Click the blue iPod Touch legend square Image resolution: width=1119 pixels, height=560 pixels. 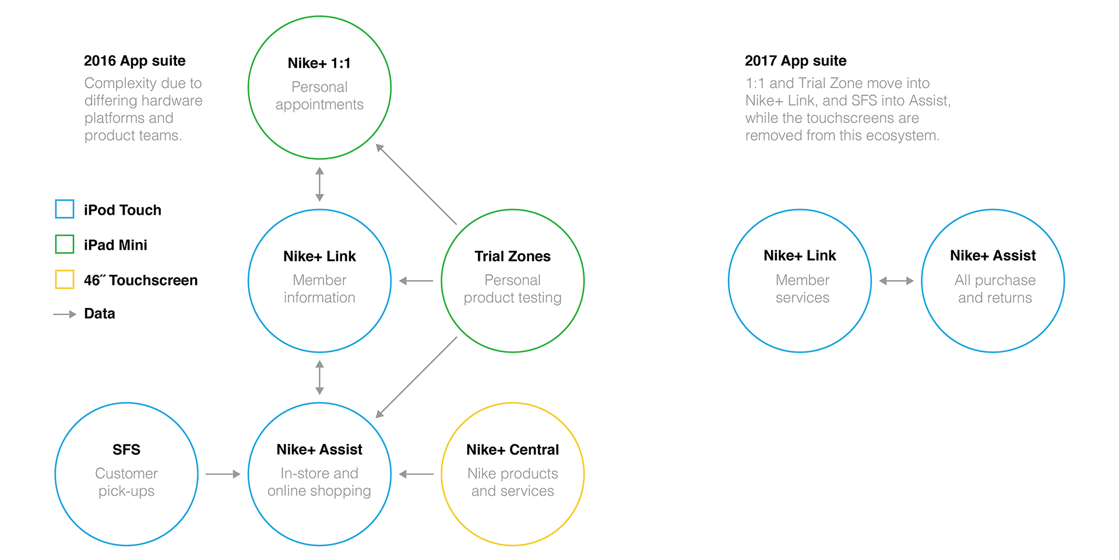(x=65, y=209)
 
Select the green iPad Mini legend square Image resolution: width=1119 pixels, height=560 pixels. (x=65, y=244)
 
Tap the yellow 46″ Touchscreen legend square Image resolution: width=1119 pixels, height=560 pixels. (x=65, y=279)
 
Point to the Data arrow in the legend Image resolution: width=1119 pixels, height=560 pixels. (x=65, y=314)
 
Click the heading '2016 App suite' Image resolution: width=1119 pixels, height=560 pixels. (x=135, y=61)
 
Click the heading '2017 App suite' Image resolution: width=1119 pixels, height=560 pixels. (x=796, y=61)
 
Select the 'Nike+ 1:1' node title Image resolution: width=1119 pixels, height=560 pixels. (x=319, y=63)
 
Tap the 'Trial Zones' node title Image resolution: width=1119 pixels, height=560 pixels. (x=512, y=256)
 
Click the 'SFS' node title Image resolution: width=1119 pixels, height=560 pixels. (x=126, y=450)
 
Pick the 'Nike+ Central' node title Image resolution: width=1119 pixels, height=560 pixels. (x=512, y=450)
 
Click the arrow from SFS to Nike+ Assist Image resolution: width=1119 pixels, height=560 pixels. (x=223, y=474)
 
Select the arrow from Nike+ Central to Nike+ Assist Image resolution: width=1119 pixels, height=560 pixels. (x=416, y=474)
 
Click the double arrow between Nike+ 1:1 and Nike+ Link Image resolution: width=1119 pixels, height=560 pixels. (x=319, y=184)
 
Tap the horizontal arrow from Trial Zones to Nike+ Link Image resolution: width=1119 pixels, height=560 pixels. (x=416, y=281)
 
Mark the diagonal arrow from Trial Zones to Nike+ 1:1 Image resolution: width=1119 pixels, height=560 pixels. (x=416, y=184)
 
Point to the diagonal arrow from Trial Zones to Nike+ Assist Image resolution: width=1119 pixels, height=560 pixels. (x=416, y=377)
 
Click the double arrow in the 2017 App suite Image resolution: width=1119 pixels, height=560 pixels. (x=896, y=281)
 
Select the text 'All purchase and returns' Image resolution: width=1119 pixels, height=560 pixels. (x=995, y=289)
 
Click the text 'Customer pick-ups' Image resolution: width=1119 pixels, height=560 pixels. (x=126, y=482)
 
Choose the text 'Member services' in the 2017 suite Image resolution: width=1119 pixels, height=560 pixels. (x=802, y=289)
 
